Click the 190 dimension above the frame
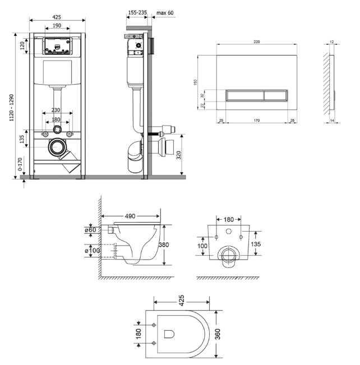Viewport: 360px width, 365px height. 57,25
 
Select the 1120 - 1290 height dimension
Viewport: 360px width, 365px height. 11,108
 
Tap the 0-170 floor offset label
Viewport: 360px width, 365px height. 20,164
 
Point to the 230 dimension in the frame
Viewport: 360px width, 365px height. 56,110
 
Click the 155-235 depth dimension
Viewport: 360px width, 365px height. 137,12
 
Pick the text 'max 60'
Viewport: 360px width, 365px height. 165,13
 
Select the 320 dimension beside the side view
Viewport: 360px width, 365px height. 179,155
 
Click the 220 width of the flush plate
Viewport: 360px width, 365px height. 257,41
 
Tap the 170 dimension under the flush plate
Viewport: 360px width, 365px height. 257,121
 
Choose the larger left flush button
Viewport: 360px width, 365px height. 245,96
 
